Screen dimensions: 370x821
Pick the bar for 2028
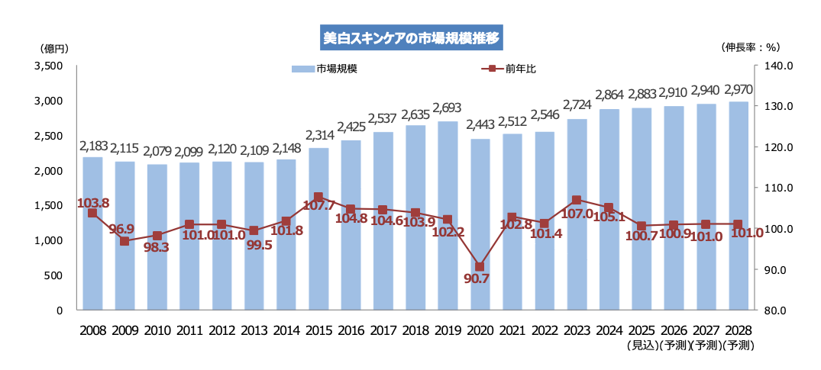coord(738,206)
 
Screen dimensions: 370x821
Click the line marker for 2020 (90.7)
coord(480,267)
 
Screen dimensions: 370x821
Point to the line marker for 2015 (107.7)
coord(318,197)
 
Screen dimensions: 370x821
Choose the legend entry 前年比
coord(509,69)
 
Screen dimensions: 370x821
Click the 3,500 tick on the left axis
coord(48,66)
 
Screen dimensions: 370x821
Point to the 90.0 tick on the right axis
coord(776,270)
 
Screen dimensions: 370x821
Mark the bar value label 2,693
coord(448,107)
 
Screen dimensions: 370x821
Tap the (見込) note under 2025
coord(642,346)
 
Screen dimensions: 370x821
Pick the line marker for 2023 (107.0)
coord(577,201)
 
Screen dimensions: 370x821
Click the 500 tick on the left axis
coord(53,275)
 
